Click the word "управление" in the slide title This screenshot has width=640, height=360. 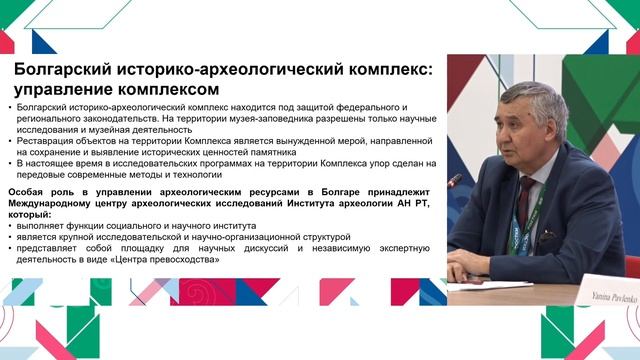(67, 87)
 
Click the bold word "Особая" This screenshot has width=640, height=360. (31, 188)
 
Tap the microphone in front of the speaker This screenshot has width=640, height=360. (454, 181)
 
